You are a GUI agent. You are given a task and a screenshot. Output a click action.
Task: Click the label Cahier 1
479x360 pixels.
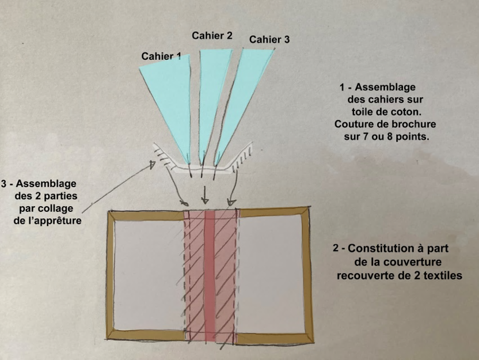point(161,56)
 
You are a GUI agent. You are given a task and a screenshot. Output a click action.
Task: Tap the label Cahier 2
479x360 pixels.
point(212,36)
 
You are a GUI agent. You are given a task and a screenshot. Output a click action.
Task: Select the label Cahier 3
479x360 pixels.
point(269,40)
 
